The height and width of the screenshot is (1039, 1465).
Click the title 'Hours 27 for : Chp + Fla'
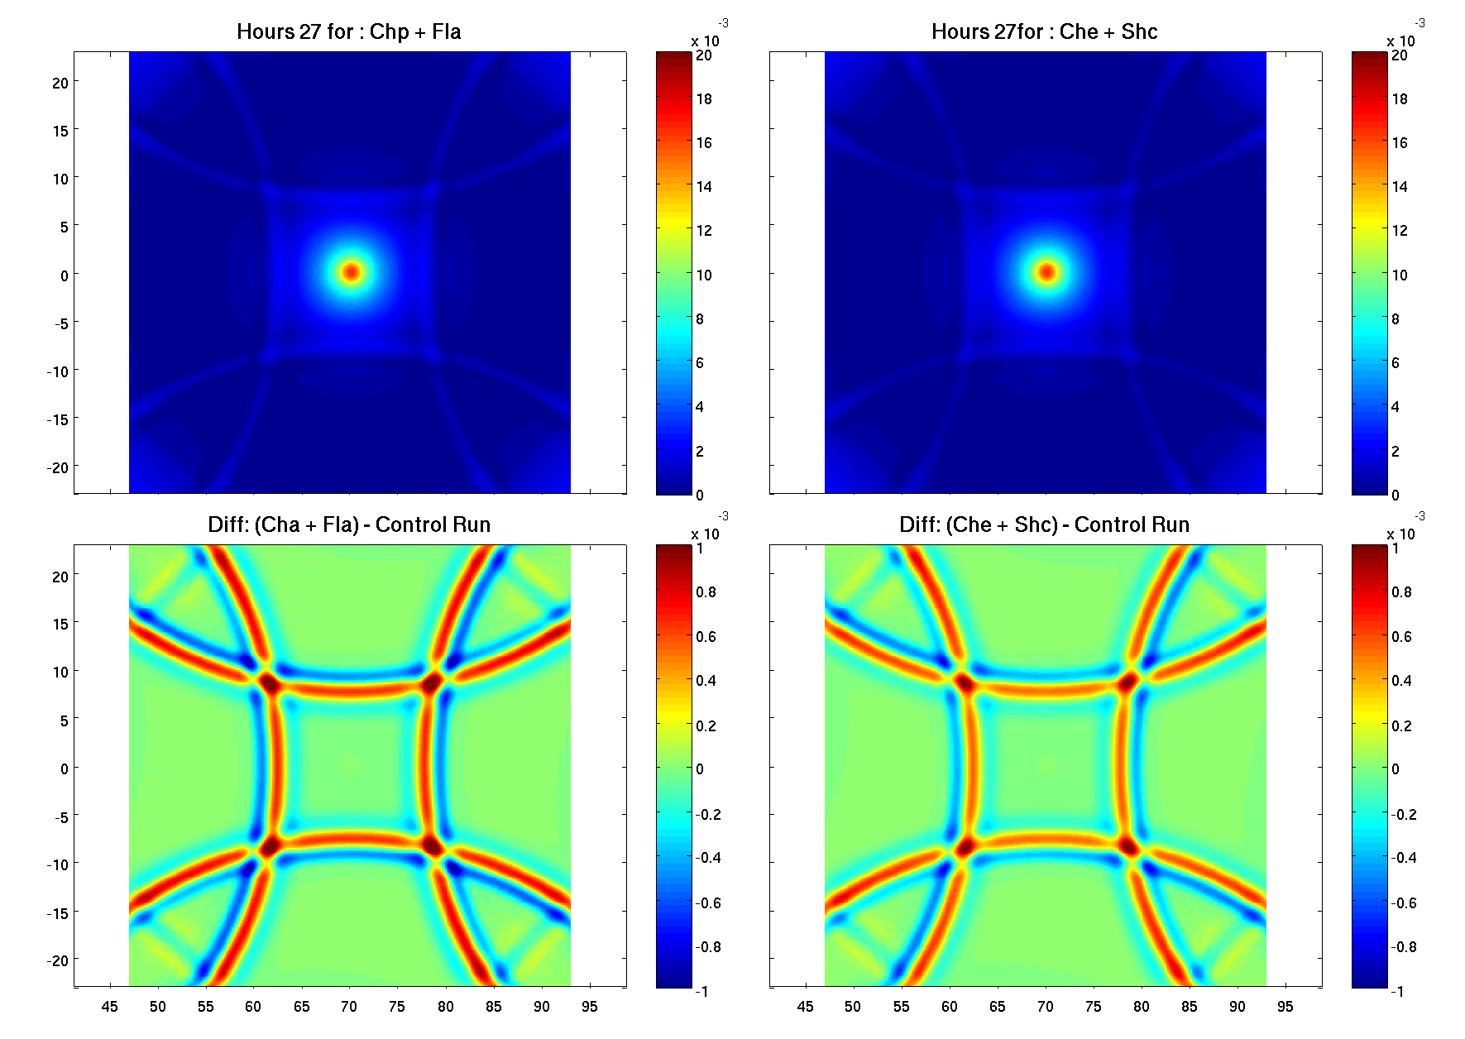pos(348,32)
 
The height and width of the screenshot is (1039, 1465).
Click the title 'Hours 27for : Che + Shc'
pos(1044,32)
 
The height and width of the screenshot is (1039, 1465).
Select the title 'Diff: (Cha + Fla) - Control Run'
pos(348,525)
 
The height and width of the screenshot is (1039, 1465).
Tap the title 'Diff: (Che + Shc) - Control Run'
pos(1044,525)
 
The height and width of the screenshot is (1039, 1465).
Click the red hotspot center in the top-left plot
pos(352,271)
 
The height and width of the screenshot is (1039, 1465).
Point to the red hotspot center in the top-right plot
pos(1047,271)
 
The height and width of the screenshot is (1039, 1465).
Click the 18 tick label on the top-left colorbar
pos(704,99)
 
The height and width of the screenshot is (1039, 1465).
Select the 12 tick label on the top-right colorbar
pos(1400,231)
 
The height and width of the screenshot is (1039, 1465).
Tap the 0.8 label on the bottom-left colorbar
pos(706,592)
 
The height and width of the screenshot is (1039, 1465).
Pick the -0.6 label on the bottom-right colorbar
pos(1403,903)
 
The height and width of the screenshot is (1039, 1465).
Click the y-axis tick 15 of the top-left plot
pos(60,131)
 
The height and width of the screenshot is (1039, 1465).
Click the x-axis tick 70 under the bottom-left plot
pos(349,1007)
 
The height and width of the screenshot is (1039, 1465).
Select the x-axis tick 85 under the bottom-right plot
pos(1189,1007)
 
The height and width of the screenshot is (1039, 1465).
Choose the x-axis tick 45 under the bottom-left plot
pos(109,1007)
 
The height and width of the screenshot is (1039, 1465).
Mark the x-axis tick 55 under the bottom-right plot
pos(901,1007)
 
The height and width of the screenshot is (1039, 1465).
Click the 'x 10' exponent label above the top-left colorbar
pos(705,41)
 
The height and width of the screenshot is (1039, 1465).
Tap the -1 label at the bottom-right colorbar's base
pos(1397,992)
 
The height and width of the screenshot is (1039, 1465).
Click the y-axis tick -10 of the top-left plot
pos(57,372)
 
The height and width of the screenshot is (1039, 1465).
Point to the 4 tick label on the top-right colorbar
pos(1396,407)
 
